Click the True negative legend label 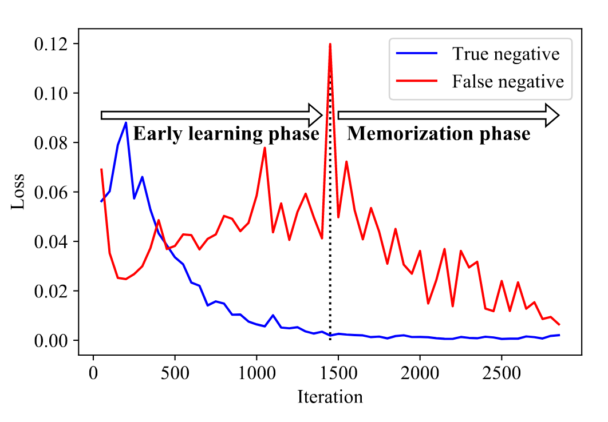click(506, 54)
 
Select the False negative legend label click(508, 81)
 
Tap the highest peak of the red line click(330, 44)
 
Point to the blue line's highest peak click(126, 122)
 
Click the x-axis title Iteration click(330, 396)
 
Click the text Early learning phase click(226, 134)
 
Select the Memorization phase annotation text click(439, 134)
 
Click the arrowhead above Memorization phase click(551, 115)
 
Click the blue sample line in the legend click(417, 55)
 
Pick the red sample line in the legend click(417, 82)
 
